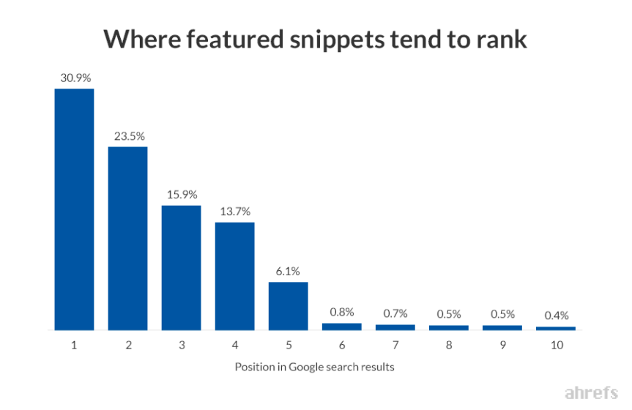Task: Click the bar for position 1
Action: (74, 209)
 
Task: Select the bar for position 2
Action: (127, 238)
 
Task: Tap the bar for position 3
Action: (182, 268)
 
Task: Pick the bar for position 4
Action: (234, 276)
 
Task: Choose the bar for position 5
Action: (289, 306)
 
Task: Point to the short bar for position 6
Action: (342, 327)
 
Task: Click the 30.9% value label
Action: (75, 78)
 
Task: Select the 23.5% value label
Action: (130, 136)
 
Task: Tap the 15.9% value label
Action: (182, 195)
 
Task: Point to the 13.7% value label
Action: (235, 212)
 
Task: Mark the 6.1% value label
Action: (288, 272)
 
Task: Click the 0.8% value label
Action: (342, 312)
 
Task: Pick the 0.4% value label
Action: (557, 316)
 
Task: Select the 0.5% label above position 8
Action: (449, 314)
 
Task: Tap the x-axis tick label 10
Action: (557, 345)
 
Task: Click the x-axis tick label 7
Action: (395, 345)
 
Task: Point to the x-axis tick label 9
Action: (502, 345)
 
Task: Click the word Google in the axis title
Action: (306, 368)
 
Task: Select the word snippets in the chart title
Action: (337, 40)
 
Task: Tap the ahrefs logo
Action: (591, 392)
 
